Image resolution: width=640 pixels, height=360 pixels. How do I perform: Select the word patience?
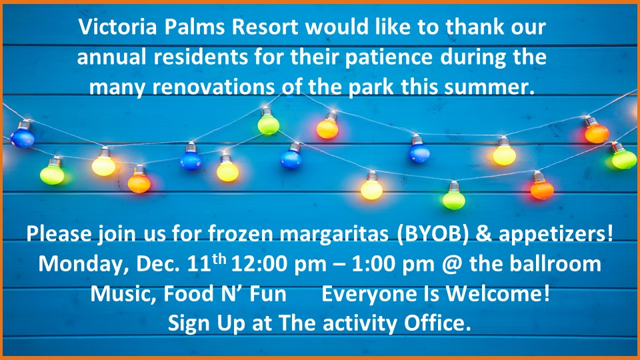(x=389, y=57)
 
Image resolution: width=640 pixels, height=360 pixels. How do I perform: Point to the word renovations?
(x=214, y=87)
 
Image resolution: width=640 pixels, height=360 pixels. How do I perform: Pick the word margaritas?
(x=334, y=233)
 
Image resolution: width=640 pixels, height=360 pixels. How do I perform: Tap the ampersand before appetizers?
(x=484, y=234)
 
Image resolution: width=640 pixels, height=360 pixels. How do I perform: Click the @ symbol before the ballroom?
(x=452, y=265)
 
